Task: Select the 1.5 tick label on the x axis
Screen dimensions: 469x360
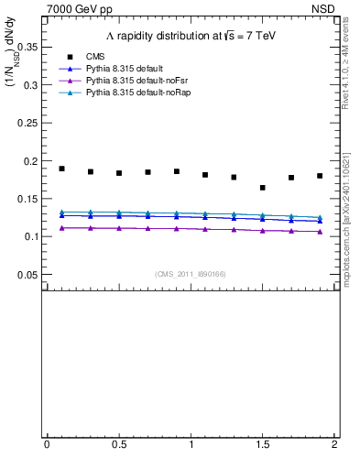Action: point(262,444)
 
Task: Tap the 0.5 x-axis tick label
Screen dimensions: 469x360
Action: point(118,444)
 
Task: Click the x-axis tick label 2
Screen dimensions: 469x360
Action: point(334,444)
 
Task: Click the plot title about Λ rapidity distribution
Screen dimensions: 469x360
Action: point(190,35)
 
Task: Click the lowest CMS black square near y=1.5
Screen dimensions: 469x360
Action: point(263,188)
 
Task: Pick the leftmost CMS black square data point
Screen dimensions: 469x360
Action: point(61,169)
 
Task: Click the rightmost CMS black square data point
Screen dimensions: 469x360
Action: point(320,176)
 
